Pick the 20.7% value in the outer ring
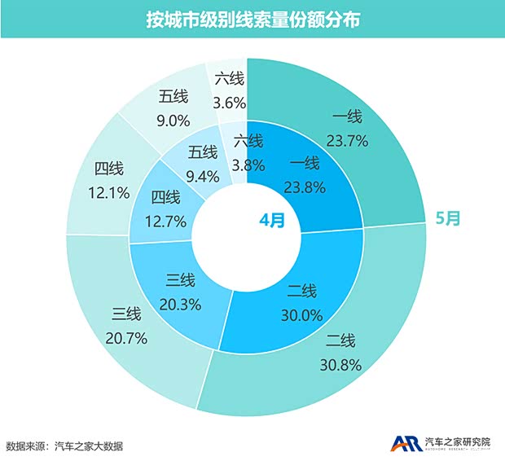click(x=127, y=336)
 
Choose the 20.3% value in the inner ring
click(x=181, y=302)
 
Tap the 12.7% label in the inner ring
click(x=166, y=220)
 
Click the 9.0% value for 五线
click(x=173, y=120)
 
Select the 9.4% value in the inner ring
click(x=202, y=173)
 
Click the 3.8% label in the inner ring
click(x=248, y=164)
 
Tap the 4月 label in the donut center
click(x=272, y=220)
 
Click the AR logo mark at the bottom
click(x=404, y=444)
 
